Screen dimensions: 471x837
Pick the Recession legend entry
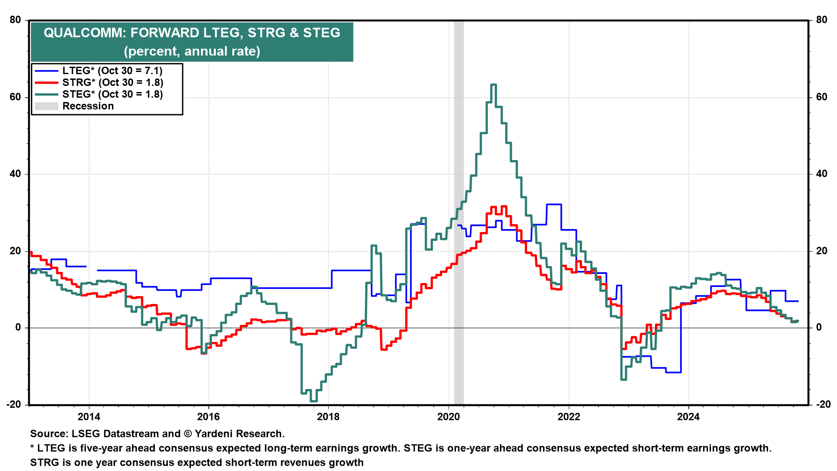(x=88, y=106)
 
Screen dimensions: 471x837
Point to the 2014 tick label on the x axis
(x=89, y=417)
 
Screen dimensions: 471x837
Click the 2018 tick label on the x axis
(x=328, y=417)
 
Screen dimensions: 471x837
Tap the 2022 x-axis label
(x=569, y=417)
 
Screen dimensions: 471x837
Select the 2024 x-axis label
(x=688, y=417)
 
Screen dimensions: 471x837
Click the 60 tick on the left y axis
(x=16, y=97)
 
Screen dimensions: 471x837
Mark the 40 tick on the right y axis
(x=821, y=174)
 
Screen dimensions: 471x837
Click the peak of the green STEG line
(x=493, y=85)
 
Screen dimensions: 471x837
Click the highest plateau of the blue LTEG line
(x=554, y=204)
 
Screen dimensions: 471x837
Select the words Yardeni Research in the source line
(x=239, y=434)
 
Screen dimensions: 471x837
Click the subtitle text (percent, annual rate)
(x=192, y=51)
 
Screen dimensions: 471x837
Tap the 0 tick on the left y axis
(x=18, y=328)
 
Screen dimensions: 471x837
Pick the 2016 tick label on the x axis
(x=209, y=417)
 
